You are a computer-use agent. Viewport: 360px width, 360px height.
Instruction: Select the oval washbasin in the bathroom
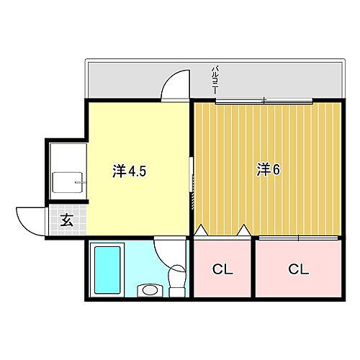pyautogui.click(x=150, y=290)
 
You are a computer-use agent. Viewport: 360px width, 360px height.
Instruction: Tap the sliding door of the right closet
pyautogui.click(x=297, y=237)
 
